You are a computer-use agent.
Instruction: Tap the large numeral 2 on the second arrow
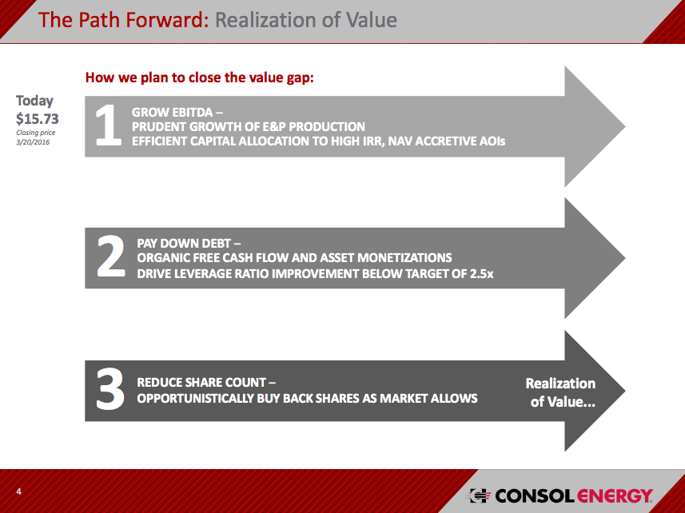(110, 258)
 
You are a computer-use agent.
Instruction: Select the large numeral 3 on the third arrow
(110, 390)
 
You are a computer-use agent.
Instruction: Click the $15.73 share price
(38, 118)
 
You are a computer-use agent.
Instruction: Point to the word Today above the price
(35, 101)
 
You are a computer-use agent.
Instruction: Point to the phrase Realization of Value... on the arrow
(561, 392)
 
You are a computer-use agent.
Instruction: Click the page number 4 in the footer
(18, 491)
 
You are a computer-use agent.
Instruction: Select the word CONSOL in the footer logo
(533, 496)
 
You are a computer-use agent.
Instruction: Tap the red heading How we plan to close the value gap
(199, 78)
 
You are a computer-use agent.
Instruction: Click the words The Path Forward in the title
(123, 19)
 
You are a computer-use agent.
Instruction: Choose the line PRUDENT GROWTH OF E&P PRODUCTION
(249, 127)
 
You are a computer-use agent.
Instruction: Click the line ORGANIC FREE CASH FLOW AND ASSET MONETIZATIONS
(294, 258)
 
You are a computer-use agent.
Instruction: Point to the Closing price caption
(36, 133)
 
